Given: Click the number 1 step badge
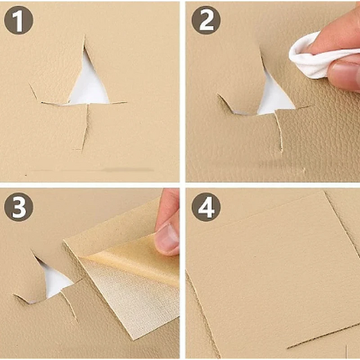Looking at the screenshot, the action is pyautogui.click(x=19, y=20).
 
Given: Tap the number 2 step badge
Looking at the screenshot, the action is pyautogui.click(x=206, y=20).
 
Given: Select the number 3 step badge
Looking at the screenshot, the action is pyautogui.click(x=19, y=207).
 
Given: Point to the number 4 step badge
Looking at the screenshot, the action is pyautogui.click(x=206, y=207).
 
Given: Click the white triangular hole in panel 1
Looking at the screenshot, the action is pyautogui.click(x=88, y=86).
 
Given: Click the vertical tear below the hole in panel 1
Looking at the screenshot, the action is pyautogui.click(x=85, y=128).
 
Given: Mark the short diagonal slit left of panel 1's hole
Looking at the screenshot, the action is pyautogui.click(x=33, y=91).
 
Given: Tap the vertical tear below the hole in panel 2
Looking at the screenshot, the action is pyautogui.click(x=279, y=132).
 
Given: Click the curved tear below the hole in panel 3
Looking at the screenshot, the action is pyautogui.click(x=69, y=305).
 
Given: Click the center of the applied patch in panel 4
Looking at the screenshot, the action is pyautogui.click(x=274, y=274).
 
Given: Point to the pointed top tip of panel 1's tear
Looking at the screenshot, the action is pyautogui.click(x=84, y=36).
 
